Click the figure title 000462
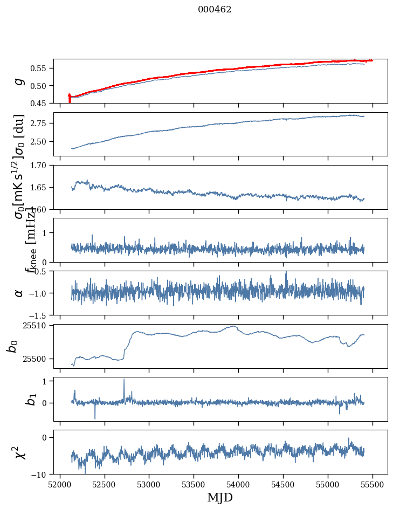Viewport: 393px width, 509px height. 215,9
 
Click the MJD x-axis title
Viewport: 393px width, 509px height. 220,498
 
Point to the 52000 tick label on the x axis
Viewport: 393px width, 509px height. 60,485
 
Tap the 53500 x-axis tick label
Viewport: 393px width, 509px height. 194,485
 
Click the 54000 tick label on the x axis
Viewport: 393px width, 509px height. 238,485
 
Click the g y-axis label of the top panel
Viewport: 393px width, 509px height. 19,81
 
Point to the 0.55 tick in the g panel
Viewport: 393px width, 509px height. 41,68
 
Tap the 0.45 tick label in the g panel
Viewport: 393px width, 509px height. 41,103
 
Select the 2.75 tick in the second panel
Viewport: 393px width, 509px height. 41,123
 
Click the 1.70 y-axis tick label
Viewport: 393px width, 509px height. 41,165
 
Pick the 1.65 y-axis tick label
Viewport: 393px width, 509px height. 41,188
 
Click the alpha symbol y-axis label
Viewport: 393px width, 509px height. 19,293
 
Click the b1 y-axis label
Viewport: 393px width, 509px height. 17,400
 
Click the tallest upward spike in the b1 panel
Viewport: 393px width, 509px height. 124,380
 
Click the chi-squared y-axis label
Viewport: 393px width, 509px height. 17,452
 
